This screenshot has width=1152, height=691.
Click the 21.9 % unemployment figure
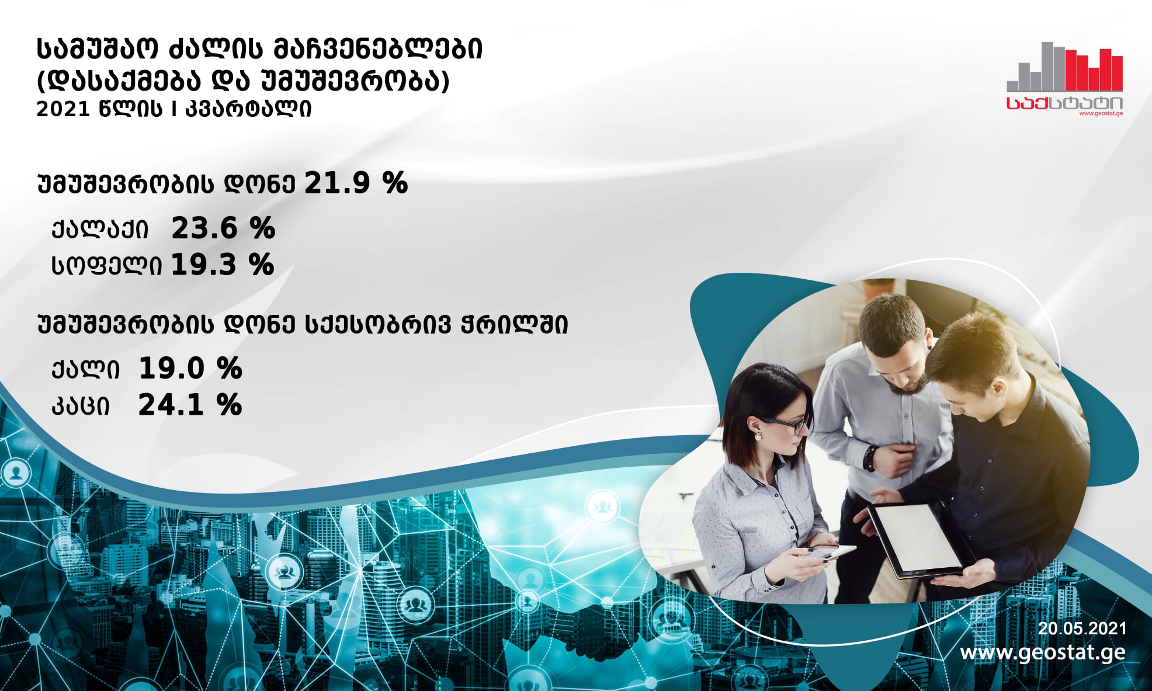(356, 183)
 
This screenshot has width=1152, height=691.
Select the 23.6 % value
(223, 228)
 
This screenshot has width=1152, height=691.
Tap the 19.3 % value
(223, 265)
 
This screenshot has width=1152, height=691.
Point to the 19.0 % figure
(190, 369)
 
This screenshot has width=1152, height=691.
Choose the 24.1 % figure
(190, 405)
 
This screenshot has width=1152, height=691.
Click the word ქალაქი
(100, 230)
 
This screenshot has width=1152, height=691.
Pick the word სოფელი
(106, 266)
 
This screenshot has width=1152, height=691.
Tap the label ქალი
(85, 370)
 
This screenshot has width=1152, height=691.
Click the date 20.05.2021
(1082, 629)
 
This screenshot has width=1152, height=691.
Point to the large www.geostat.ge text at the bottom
(1043, 652)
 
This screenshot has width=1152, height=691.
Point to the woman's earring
(758, 435)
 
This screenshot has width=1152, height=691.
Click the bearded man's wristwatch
(870, 458)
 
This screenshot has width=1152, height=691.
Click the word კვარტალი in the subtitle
(248, 109)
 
